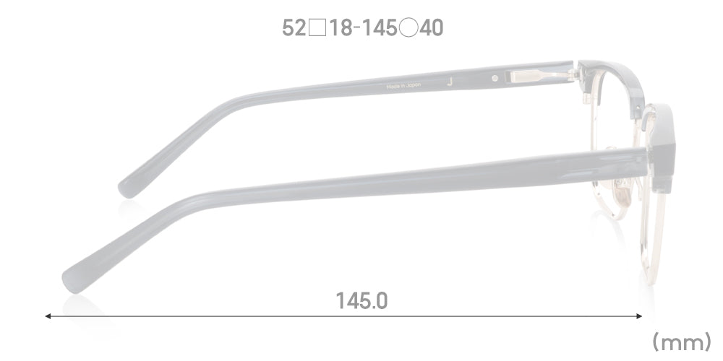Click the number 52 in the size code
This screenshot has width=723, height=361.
294,28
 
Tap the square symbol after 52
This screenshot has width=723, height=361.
317,28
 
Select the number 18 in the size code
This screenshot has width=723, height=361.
341,28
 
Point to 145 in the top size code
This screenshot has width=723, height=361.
378,28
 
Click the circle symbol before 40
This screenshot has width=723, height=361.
408,28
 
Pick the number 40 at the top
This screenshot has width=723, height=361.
431,28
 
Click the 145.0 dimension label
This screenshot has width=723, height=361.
361,300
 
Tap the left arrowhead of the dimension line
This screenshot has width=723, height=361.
48,316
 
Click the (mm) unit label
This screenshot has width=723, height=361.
682,342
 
